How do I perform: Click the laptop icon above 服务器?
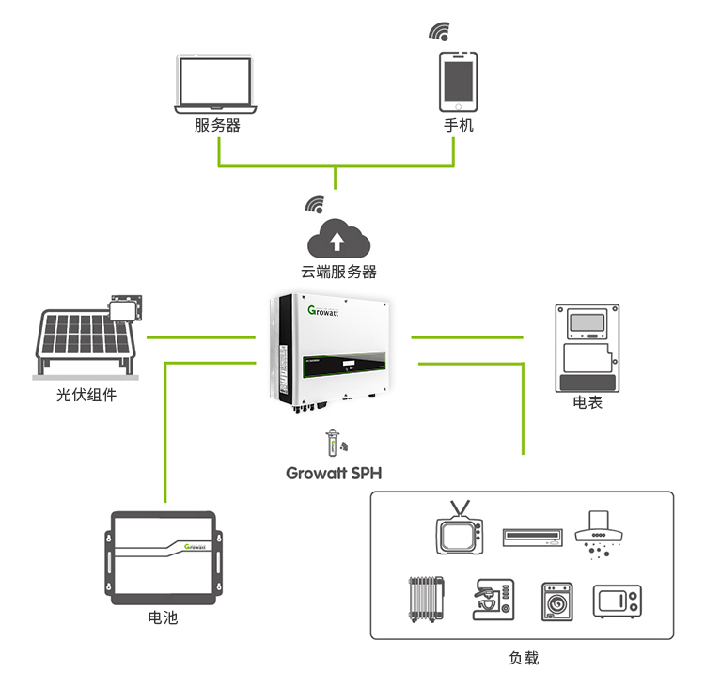click(215, 84)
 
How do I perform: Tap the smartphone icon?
click(458, 82)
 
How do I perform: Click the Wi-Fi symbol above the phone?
click(439, 31)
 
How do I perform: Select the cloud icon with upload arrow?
click(338, 239)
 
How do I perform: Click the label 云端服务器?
click(338, 272)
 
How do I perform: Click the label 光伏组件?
click(86, 396)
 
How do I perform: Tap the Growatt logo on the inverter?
click(322, 311)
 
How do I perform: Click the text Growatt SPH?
click(334, 474)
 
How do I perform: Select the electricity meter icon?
click(587, 348)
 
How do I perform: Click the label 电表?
click(587, 402)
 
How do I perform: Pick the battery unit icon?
click(164, 558)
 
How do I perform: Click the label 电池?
click(163, 617)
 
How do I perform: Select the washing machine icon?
click(556, 601)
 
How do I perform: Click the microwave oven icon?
click(618, 601)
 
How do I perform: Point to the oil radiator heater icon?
click(426, 600)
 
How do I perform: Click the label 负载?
click(524, 658)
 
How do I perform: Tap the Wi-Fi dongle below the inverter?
click(332, 444)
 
